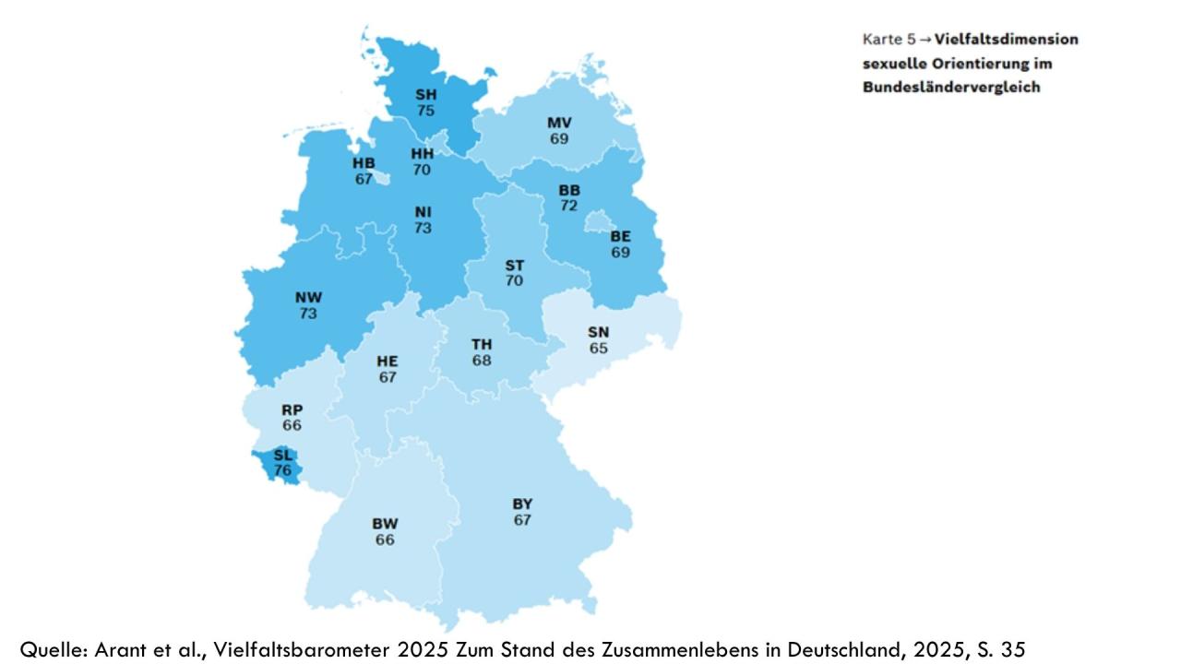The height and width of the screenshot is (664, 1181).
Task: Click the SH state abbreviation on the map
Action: tap(425, 94)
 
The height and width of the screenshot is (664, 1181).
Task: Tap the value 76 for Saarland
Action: tap(282, 470)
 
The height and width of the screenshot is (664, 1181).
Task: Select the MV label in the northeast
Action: tap(559, 123)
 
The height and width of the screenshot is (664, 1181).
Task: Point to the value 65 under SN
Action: tap(599, 349)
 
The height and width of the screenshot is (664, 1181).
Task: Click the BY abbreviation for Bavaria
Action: tap(522, 504)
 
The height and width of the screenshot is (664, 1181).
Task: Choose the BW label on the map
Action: tap(385, 524)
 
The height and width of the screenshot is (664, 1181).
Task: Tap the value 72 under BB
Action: tap(568, 206)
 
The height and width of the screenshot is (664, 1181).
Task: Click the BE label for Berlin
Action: tap(620, 236)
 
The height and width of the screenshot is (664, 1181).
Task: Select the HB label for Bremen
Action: tap(364, 163)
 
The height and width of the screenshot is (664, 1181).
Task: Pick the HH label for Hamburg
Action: tap(422, 154)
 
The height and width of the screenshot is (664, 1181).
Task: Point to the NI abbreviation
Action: tap(423, 212)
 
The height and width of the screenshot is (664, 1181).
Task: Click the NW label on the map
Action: tap(308, 297)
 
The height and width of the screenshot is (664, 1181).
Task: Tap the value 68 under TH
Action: tap(482, 361)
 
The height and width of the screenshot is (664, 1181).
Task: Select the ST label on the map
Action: tap(514, 266)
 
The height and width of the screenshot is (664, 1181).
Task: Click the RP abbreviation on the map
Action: tap(292, 409)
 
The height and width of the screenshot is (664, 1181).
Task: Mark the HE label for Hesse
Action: tap(388, 362)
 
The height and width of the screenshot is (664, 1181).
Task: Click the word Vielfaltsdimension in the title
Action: tap(1006, 40)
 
